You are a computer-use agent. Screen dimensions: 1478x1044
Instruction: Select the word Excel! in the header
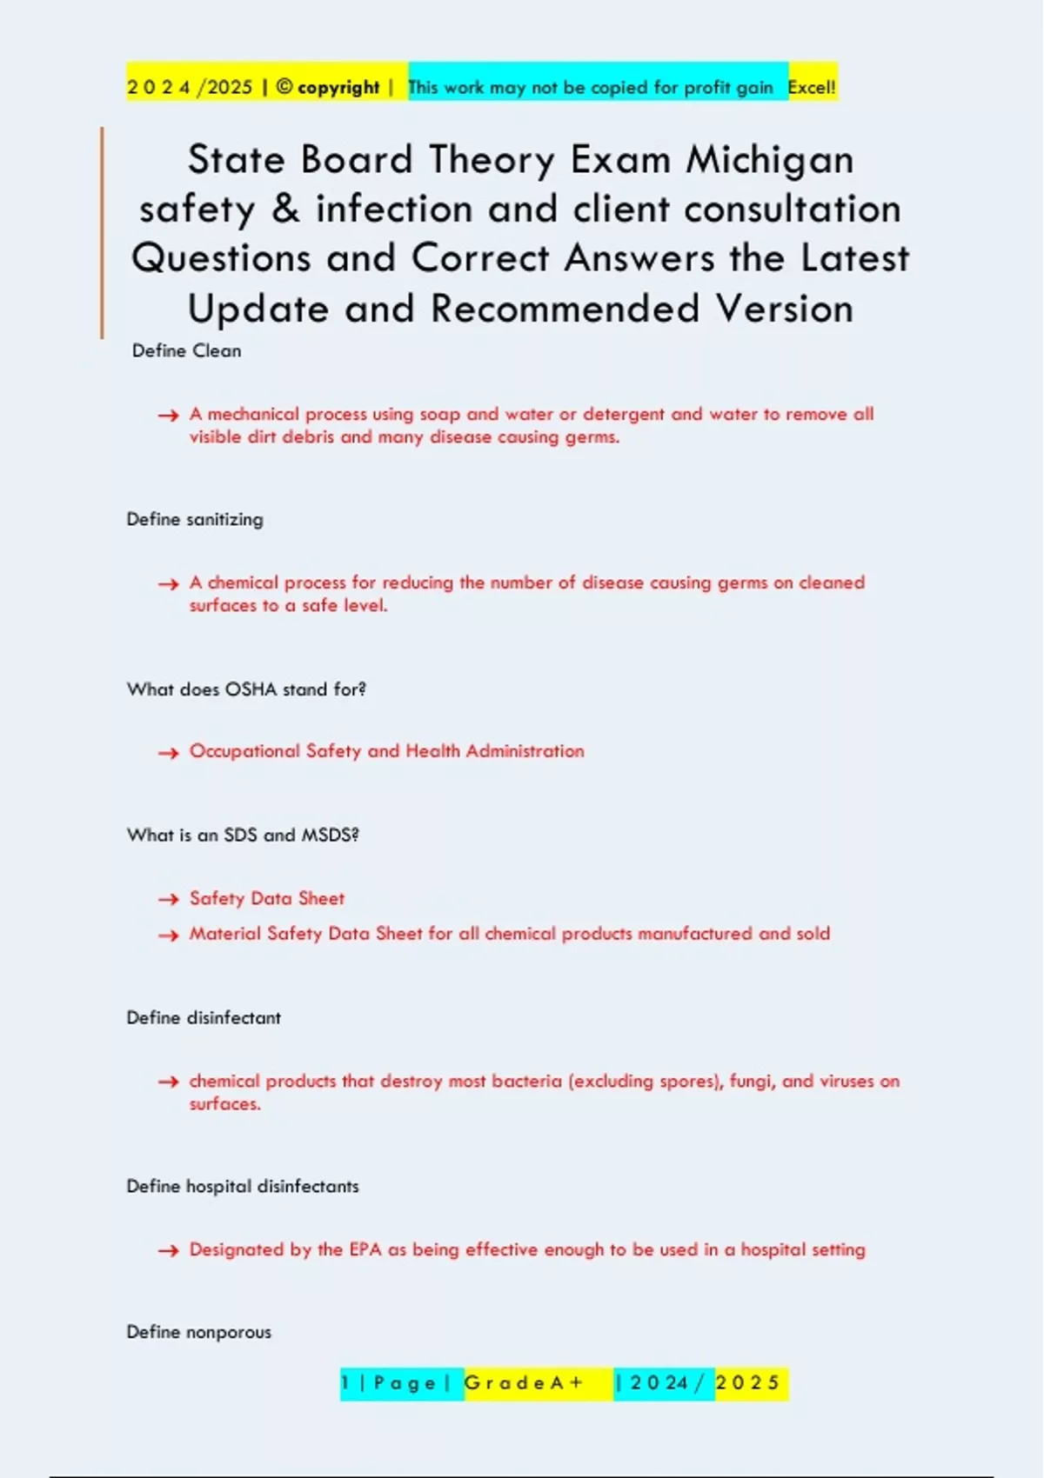(x=812, y=88)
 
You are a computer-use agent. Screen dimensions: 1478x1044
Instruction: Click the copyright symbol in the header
(x=284, y=87)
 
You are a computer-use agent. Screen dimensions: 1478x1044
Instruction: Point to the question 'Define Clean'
(x=186, y=351)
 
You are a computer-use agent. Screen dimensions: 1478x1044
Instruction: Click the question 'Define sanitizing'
(x=195, y=520)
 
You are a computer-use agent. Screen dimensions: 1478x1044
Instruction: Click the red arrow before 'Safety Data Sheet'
(x=168, y=900)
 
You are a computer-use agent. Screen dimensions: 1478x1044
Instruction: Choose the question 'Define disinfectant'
(x=204, y=1018)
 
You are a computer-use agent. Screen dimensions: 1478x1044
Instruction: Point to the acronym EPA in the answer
(x=365, y=1250)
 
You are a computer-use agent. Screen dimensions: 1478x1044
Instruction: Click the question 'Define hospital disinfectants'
(x=243, y=1187)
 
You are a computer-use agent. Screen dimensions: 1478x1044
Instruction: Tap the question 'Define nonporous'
(x=198, y=1332)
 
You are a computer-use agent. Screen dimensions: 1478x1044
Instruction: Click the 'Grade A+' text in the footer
(x=524, y=1383)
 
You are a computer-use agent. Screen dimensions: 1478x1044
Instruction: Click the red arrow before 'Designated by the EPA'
(x=168, y=1251)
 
